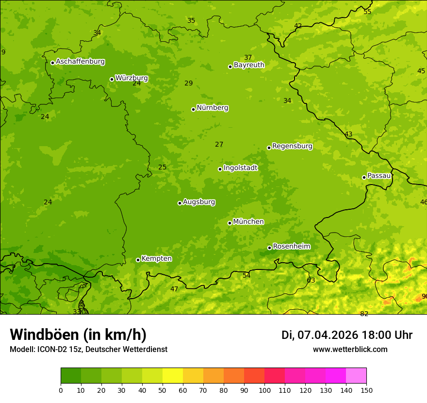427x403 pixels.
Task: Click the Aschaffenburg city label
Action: tap(80, 62)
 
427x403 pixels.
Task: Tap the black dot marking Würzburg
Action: tap(112, 79)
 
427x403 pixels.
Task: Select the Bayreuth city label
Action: tap(249, 65)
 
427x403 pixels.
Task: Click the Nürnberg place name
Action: tap(212, 108)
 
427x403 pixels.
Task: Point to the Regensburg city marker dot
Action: tap(269, 148)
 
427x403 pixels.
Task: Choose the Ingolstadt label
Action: tap(240, 168)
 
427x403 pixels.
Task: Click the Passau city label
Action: tap(379, 175)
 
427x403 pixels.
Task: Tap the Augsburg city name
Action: tap(199, 201)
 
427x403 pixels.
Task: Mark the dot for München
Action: tap(230, 223)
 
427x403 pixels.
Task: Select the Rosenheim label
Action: tap(291, 246)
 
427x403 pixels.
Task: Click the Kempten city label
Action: tap(156, 258)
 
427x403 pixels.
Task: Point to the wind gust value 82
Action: tap(364, 314)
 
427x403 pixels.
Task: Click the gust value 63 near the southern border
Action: tap(311, 280)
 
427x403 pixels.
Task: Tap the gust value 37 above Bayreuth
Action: tap(248, 57)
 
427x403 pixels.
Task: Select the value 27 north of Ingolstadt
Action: tap(219, 144)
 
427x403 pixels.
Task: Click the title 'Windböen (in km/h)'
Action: tap(78, 335)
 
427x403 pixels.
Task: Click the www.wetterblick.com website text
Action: tap(350, 349)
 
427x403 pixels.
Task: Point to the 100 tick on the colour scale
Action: tap(264, 390)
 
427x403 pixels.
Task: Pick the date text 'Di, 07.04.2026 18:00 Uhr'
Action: tap(346, 335)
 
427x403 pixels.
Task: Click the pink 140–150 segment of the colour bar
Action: tap(356, 375)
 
